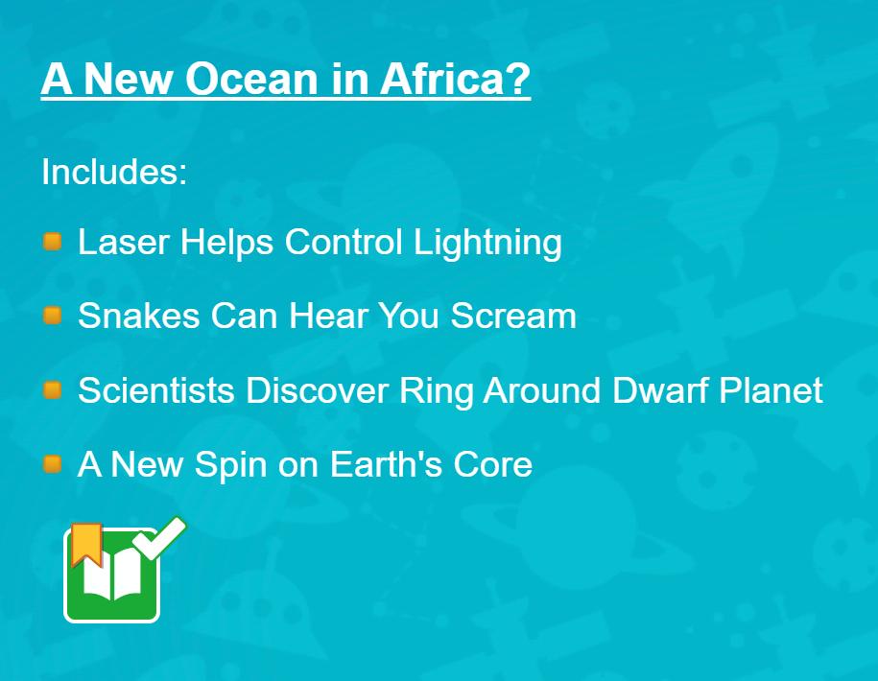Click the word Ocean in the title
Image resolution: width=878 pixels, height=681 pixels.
(252, 79)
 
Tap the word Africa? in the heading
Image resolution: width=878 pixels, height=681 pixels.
(455, 78)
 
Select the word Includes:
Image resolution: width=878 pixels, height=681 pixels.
(114, 172)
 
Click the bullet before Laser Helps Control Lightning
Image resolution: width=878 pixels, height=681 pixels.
(53, 242)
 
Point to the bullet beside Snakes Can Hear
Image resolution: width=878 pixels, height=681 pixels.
(53, 316)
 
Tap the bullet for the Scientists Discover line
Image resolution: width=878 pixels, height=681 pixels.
(53, 390)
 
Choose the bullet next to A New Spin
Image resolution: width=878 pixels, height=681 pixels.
(53, 464)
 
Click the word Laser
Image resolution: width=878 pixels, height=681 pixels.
(124, 242)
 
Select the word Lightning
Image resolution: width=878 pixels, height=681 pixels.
(487, 244)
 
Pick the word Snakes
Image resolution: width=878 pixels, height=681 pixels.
(139, 315)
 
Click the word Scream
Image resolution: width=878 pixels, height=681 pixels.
(513, 316)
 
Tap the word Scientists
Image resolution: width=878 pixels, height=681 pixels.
(156, 389)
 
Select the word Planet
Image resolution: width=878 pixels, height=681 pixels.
(771, 389)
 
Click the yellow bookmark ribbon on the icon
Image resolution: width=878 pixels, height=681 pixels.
(86, 544)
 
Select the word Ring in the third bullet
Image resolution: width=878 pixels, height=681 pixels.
(436, 391)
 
